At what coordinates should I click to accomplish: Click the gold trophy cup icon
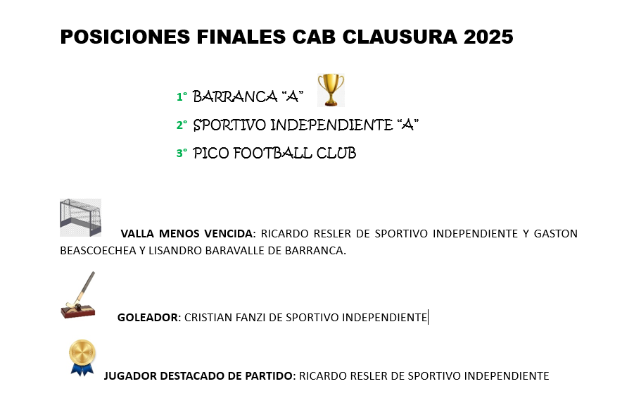click(x=331, y=90)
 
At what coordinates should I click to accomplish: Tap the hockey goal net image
click(x=80, y=218)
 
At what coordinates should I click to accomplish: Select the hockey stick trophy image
click(x=78, y=295)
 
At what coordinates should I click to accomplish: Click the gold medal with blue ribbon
click(x=82, y=357)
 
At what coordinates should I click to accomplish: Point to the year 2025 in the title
click(x=488, y=37)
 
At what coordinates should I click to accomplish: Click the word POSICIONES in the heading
click(x=125, y=37)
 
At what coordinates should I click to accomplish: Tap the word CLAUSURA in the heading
click(x=400, y=37)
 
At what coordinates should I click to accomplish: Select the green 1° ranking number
click(x=182, y=97)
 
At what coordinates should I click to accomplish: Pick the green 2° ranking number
click(x=182, y=125)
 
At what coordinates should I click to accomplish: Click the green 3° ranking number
click(x=182, y=153)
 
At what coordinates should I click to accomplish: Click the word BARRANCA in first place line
click(x=235, y=97)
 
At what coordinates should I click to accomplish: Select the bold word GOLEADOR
click(x=148, y=317)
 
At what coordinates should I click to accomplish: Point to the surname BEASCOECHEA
click(x=98, y=251)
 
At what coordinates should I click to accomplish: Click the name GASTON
click(x=556, y=234)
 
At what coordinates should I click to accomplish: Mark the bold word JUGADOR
click(x=130, y=376)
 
